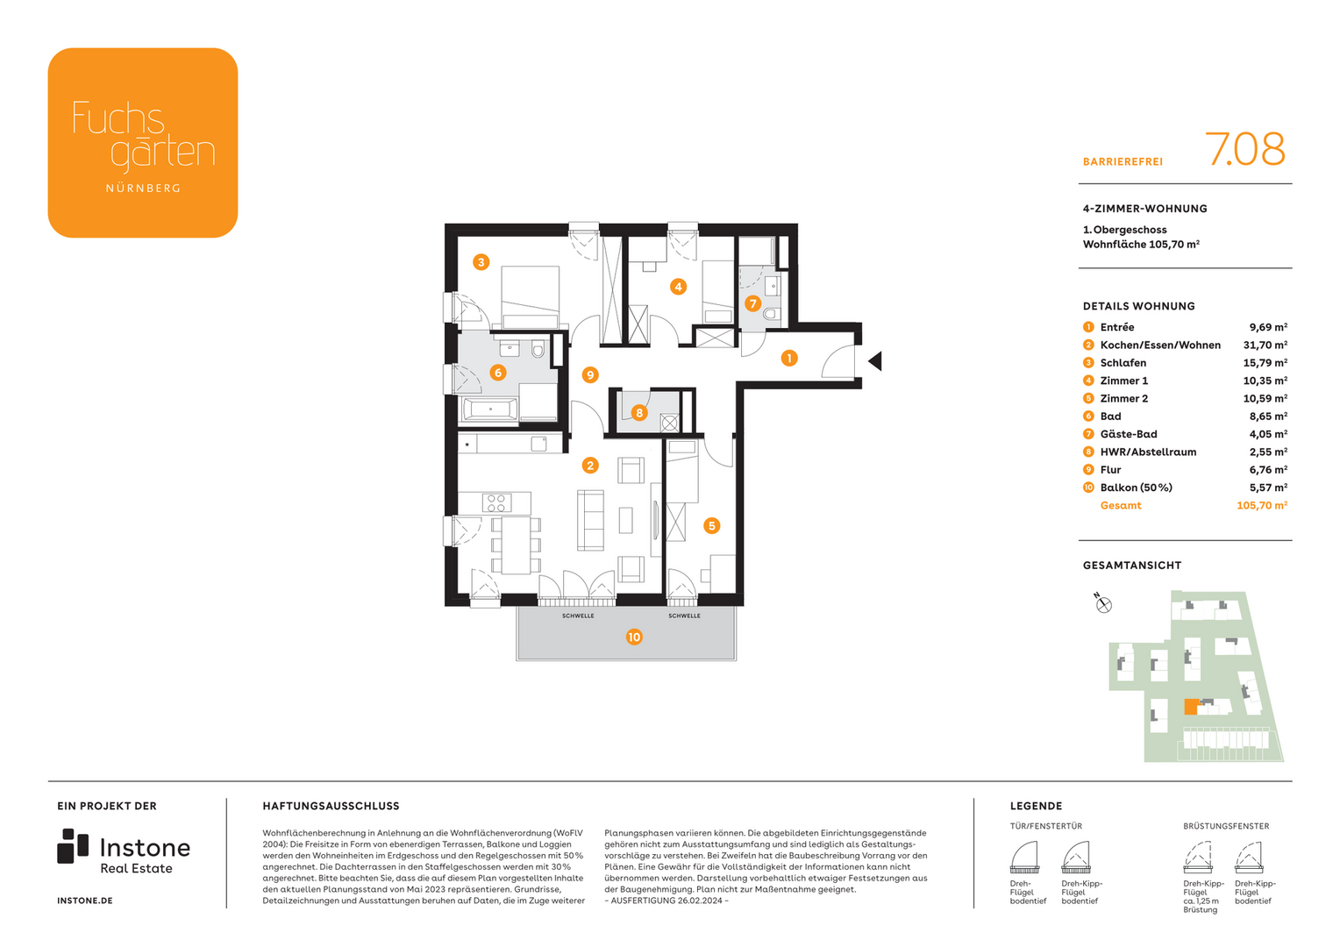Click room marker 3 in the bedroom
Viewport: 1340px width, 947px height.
click(x=481, y=262)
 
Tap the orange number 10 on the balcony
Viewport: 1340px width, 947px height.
click(x=634, y=637)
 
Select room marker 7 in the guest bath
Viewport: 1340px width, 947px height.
click(x=752, y=303)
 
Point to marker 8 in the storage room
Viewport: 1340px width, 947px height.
click(x=639, y=413)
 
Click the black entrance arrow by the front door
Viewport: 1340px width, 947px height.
click(x=874, y=361)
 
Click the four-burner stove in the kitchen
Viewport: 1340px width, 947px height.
click(x=495, y=502)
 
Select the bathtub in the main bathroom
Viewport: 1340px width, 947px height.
click(x=490, y=409)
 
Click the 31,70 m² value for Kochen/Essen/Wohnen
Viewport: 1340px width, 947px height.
click(x=1265, y=345)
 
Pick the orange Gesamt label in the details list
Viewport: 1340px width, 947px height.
click(x=1121, y=506)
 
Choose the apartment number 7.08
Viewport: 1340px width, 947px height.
click(x=1244, y=150)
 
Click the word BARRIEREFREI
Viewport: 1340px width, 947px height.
click(x=1123, y=162)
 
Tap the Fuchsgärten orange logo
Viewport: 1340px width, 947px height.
click(x=143, y=143)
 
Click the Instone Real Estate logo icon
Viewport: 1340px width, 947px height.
click(x=73, y=846)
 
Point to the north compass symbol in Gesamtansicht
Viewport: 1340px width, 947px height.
click(x=1103, y=604)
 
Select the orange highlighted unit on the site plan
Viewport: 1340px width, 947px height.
click(x=1190, y=707)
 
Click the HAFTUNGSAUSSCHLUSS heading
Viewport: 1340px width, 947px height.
click(x=331, y=806)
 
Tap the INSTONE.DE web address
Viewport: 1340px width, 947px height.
click(x=85, y=901)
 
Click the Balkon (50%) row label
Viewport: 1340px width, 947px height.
click(x=1136, y=488)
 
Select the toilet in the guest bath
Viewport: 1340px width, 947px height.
click(x=771, y=314)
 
